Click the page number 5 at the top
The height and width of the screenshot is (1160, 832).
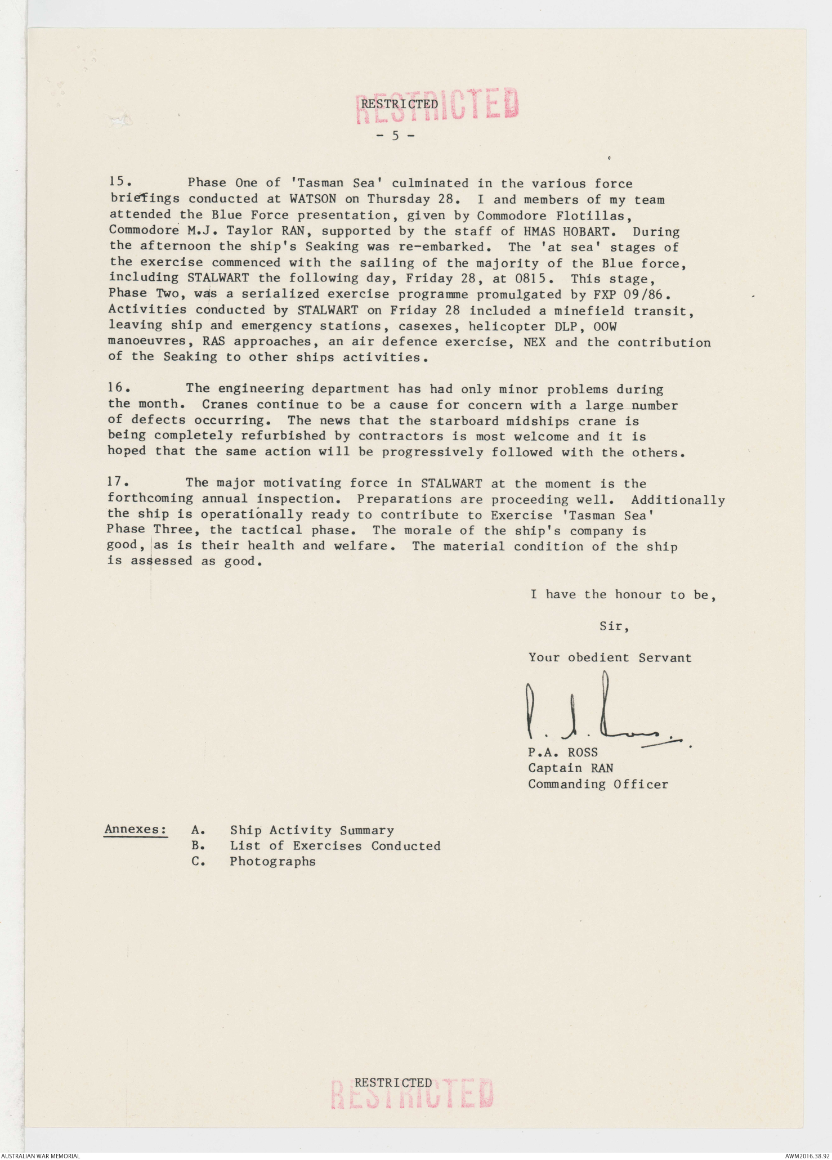click(395, 136)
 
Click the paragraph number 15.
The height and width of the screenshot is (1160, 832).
click(119, 182)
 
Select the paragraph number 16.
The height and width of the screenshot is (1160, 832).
click(119, 388)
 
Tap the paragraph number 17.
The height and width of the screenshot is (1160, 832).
click(118, 482)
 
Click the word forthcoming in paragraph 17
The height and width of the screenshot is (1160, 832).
click(150, 498)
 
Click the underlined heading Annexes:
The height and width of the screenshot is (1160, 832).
click(136, 830)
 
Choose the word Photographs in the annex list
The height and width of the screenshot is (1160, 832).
click(272, 861)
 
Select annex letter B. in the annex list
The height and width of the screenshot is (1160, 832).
click(198, 845)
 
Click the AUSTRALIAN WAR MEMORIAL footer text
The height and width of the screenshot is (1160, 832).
click(41, 1155)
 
